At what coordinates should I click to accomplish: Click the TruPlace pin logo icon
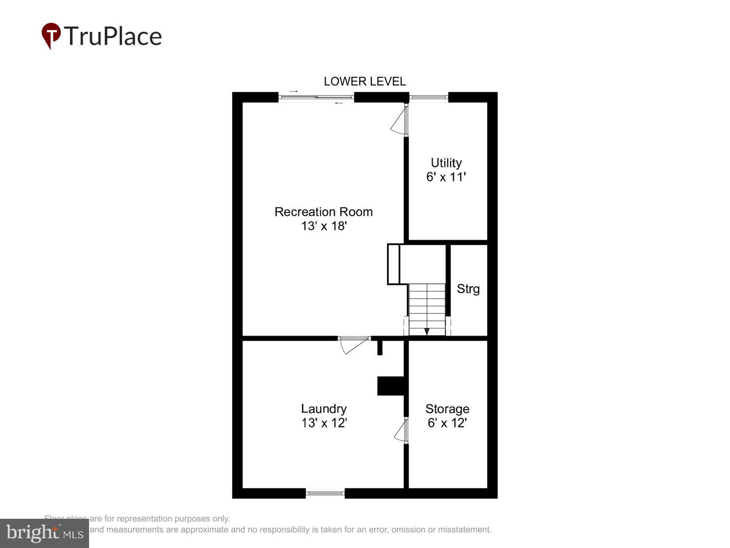(x=51, y=36)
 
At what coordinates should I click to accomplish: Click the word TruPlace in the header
(x=112, y=37)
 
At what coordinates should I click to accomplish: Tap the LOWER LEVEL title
(x=365, y=81)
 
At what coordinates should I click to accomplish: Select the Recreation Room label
(x=324, y=212)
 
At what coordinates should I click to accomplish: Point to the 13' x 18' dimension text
(x=324, y=226)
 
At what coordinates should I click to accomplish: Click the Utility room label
(x=446, y=163)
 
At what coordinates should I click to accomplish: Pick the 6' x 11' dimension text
(x=446, y=177)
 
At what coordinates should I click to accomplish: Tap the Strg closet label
(x=468, y=289)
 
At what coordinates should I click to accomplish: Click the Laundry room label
(x=324, y=409)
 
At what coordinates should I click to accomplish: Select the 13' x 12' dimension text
(x=324, y=423)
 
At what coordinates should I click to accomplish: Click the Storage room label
(x=447, y=409)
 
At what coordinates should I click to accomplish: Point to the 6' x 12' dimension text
(x=447, y=423)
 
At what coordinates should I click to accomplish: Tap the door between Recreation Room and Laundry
(x=354, y=344)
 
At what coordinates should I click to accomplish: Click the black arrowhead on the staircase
(x=427, y=331)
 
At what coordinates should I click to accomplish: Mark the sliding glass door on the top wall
(x=316, y=97)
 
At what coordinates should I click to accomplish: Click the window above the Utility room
(x=428, y=97)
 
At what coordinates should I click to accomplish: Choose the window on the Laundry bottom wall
(x=325, y=493)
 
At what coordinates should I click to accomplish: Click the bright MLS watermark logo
(x=44, y=533)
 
